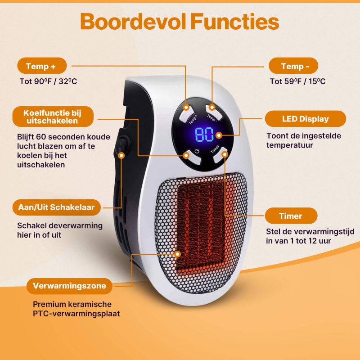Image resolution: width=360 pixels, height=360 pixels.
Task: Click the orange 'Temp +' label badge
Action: click(x=42, y=66)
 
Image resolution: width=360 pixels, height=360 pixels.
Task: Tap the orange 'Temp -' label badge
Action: click(x=293, y=66)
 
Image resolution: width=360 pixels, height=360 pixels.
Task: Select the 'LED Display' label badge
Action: click(x=306, y=119)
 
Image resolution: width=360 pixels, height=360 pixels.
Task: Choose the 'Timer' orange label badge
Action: click(x=291, y=216)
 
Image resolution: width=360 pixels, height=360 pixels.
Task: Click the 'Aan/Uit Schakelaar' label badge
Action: click(x=57, y=207)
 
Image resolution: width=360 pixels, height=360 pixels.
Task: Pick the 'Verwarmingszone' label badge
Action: click(x=69, y=286)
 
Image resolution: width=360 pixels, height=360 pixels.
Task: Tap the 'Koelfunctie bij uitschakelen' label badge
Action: click(x=53, y=117)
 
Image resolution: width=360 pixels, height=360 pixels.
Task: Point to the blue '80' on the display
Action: click(x=204, y=135)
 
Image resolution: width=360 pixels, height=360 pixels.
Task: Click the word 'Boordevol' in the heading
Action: click(x=133, y=22)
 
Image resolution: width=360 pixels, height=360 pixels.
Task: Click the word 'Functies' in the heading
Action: click(x=234, y=22)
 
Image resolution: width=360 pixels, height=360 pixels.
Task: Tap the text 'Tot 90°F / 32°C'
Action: click(x=48, y=81)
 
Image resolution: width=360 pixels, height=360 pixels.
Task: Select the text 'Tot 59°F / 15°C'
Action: click(x=297, y=81)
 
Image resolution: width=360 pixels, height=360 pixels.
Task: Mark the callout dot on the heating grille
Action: click(x=177, y=254)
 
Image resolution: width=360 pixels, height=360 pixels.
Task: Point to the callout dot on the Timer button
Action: click(x=225, y=154)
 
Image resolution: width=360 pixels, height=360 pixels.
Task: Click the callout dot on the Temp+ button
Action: click(x=186, y=107)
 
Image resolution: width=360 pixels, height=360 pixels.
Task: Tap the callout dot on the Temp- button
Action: click(x=212, y=107)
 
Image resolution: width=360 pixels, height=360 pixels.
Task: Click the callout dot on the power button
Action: click(x=186, y=155)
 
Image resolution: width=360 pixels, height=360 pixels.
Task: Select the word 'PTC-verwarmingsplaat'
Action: click(x=76, y=314)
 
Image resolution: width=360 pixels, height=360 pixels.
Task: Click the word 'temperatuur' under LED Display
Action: click(x=290, y=145)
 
